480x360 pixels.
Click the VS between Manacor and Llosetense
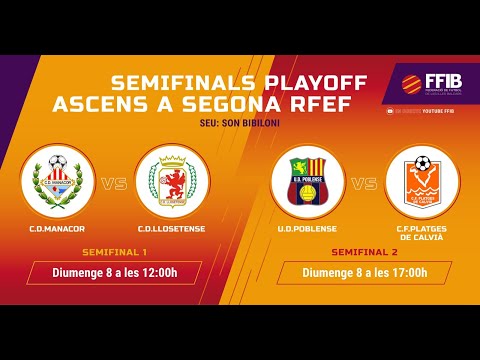[x=116, y=183]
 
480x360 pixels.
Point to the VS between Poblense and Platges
[x=364, y=183]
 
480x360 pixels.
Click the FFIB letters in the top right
[x=447, y=80]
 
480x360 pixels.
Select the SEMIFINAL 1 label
[x=114, y=251]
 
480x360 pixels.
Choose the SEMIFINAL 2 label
[x=364, y=253]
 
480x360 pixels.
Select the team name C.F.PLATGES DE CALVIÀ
[x=422, y=234]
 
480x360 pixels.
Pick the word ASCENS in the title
[x=155, y=103]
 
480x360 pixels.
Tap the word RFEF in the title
[x=336, y=103]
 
